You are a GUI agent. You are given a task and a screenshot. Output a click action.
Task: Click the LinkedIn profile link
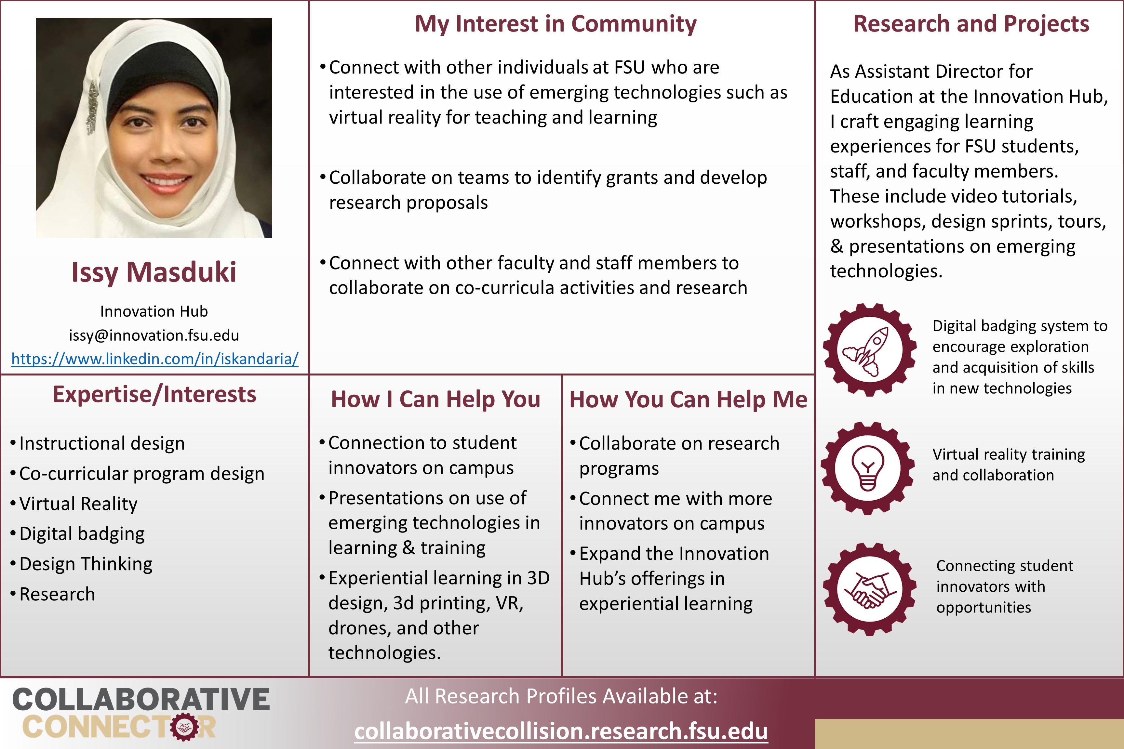coord(155,359)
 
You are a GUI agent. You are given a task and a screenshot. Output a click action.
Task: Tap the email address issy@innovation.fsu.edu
coord(154,335)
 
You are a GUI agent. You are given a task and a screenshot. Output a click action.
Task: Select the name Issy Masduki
coord(154,272)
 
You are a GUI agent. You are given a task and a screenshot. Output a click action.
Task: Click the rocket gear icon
coord(869,350)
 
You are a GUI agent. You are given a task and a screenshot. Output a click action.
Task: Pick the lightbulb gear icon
coord(867,468)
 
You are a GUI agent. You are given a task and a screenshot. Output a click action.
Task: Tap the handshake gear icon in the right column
coord(869,589)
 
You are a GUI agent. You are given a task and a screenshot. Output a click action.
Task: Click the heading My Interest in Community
coord(555,24)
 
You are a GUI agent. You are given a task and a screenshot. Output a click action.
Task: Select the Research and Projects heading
coord(971,24)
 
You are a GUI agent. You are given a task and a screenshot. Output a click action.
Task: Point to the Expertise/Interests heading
coord(154,395)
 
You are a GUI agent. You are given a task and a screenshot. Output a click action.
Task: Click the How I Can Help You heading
coord(435,399)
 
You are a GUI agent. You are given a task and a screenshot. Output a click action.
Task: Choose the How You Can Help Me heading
coord(688,399)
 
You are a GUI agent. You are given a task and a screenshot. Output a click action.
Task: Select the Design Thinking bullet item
coord(86,564)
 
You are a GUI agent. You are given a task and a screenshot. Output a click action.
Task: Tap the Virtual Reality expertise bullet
coord(78,504)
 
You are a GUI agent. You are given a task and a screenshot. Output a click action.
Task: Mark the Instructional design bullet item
coord(102,444)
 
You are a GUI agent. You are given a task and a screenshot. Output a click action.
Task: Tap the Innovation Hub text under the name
coord(154,311)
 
